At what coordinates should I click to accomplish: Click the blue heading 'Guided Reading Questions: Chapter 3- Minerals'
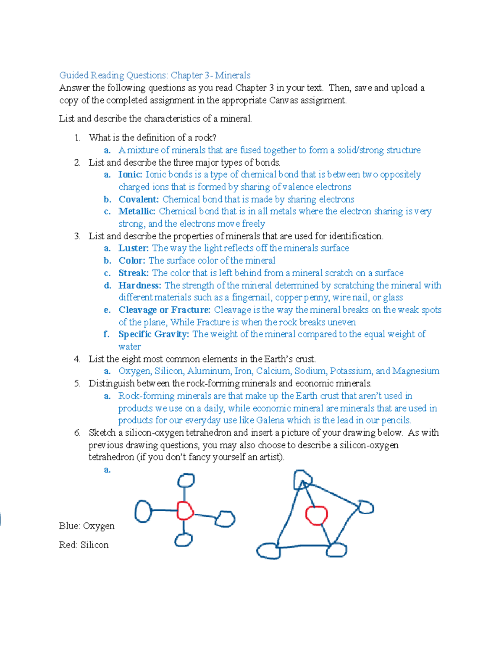point(155,75)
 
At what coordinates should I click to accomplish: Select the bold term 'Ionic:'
point(130,174)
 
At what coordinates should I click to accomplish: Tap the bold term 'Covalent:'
point(139,199)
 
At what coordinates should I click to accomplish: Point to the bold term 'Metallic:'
point(137,211)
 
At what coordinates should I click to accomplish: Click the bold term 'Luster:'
point(134,248)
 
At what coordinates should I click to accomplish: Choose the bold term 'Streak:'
point(134,273)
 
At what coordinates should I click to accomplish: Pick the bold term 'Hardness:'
point(140,286)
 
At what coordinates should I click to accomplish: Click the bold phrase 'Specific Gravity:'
point(154,334)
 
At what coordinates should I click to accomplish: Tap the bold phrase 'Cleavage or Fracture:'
point(164,310)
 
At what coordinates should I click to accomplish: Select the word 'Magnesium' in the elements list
point(416,371)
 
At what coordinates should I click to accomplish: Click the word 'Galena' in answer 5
point(270,420)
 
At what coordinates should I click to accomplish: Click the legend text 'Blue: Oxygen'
point(87,526)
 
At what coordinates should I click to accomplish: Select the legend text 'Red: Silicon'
point(84,545)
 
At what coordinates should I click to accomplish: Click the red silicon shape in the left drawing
point(185,510)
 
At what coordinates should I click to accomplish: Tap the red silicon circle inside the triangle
point(316,516)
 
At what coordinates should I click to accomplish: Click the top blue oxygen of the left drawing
point(186,480)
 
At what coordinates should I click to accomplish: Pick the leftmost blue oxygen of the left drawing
point(143,511)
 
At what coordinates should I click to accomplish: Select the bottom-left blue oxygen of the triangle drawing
point(268,550)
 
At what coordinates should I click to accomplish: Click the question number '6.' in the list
point(77,433)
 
